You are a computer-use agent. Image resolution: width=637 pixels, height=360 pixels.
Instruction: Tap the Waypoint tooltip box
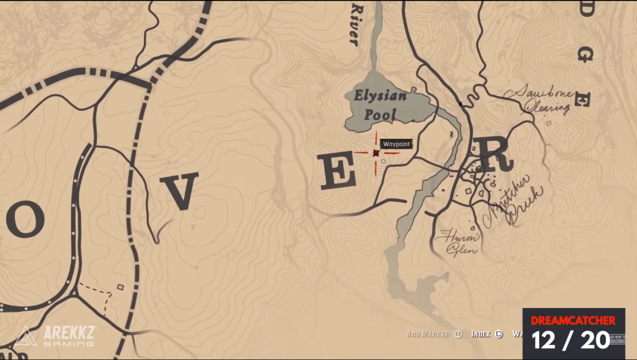(396, 144)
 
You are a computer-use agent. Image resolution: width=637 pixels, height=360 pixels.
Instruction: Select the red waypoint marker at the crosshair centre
(376, 153)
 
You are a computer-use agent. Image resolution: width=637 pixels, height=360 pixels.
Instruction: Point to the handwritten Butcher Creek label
(511, 202)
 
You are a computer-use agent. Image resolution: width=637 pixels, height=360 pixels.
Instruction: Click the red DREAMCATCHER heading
(573, 320)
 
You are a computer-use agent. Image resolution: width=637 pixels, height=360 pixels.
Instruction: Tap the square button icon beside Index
(499, 334)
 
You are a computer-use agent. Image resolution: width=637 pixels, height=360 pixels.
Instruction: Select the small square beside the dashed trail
(120, 286)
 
